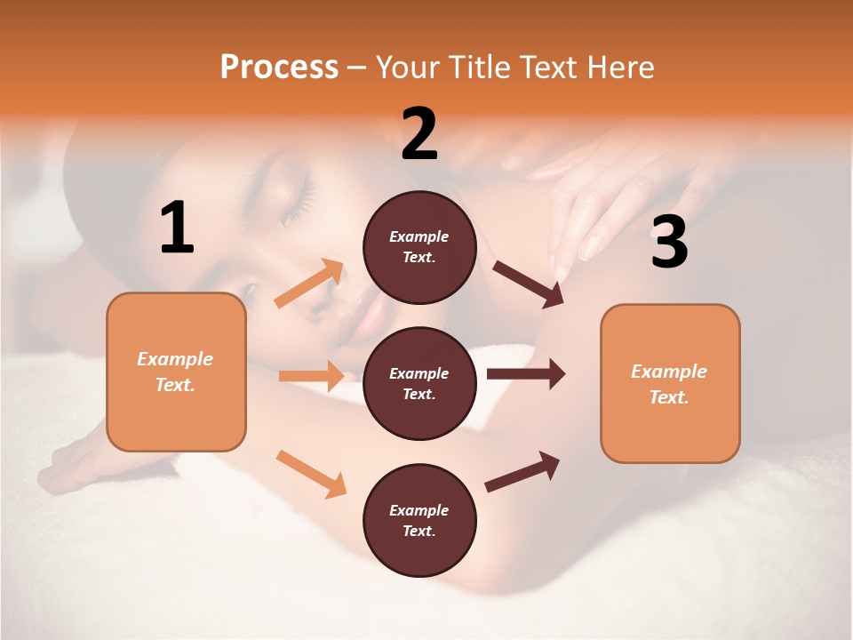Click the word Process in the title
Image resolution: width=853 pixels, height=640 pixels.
pyautogui.click(x=279, y=67)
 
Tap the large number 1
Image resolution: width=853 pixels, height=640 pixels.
pyautogui.click(x=177, y=228)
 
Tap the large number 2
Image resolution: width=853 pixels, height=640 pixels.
pyautogui.click(x=419, y=134)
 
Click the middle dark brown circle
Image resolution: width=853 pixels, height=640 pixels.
pyautogui.click(x=419, y=383)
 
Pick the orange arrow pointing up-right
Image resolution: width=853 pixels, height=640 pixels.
pyautogui.click(x=309, y=284)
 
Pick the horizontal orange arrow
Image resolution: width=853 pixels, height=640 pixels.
pyautogui.click(x=311, y=376)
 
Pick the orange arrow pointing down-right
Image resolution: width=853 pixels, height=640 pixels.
pyautogui.click(x=312, y=474)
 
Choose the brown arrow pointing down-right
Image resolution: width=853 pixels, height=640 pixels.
pyautogui.click(x=529, y=284)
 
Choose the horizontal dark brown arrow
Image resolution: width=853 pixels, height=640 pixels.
pyautogui.click(x=525, y=373)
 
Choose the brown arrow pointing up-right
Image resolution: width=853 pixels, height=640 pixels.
pyautogui.click(x=522, y=471)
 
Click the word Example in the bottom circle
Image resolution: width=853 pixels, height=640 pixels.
pyautogui.click(x=419, y=510)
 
